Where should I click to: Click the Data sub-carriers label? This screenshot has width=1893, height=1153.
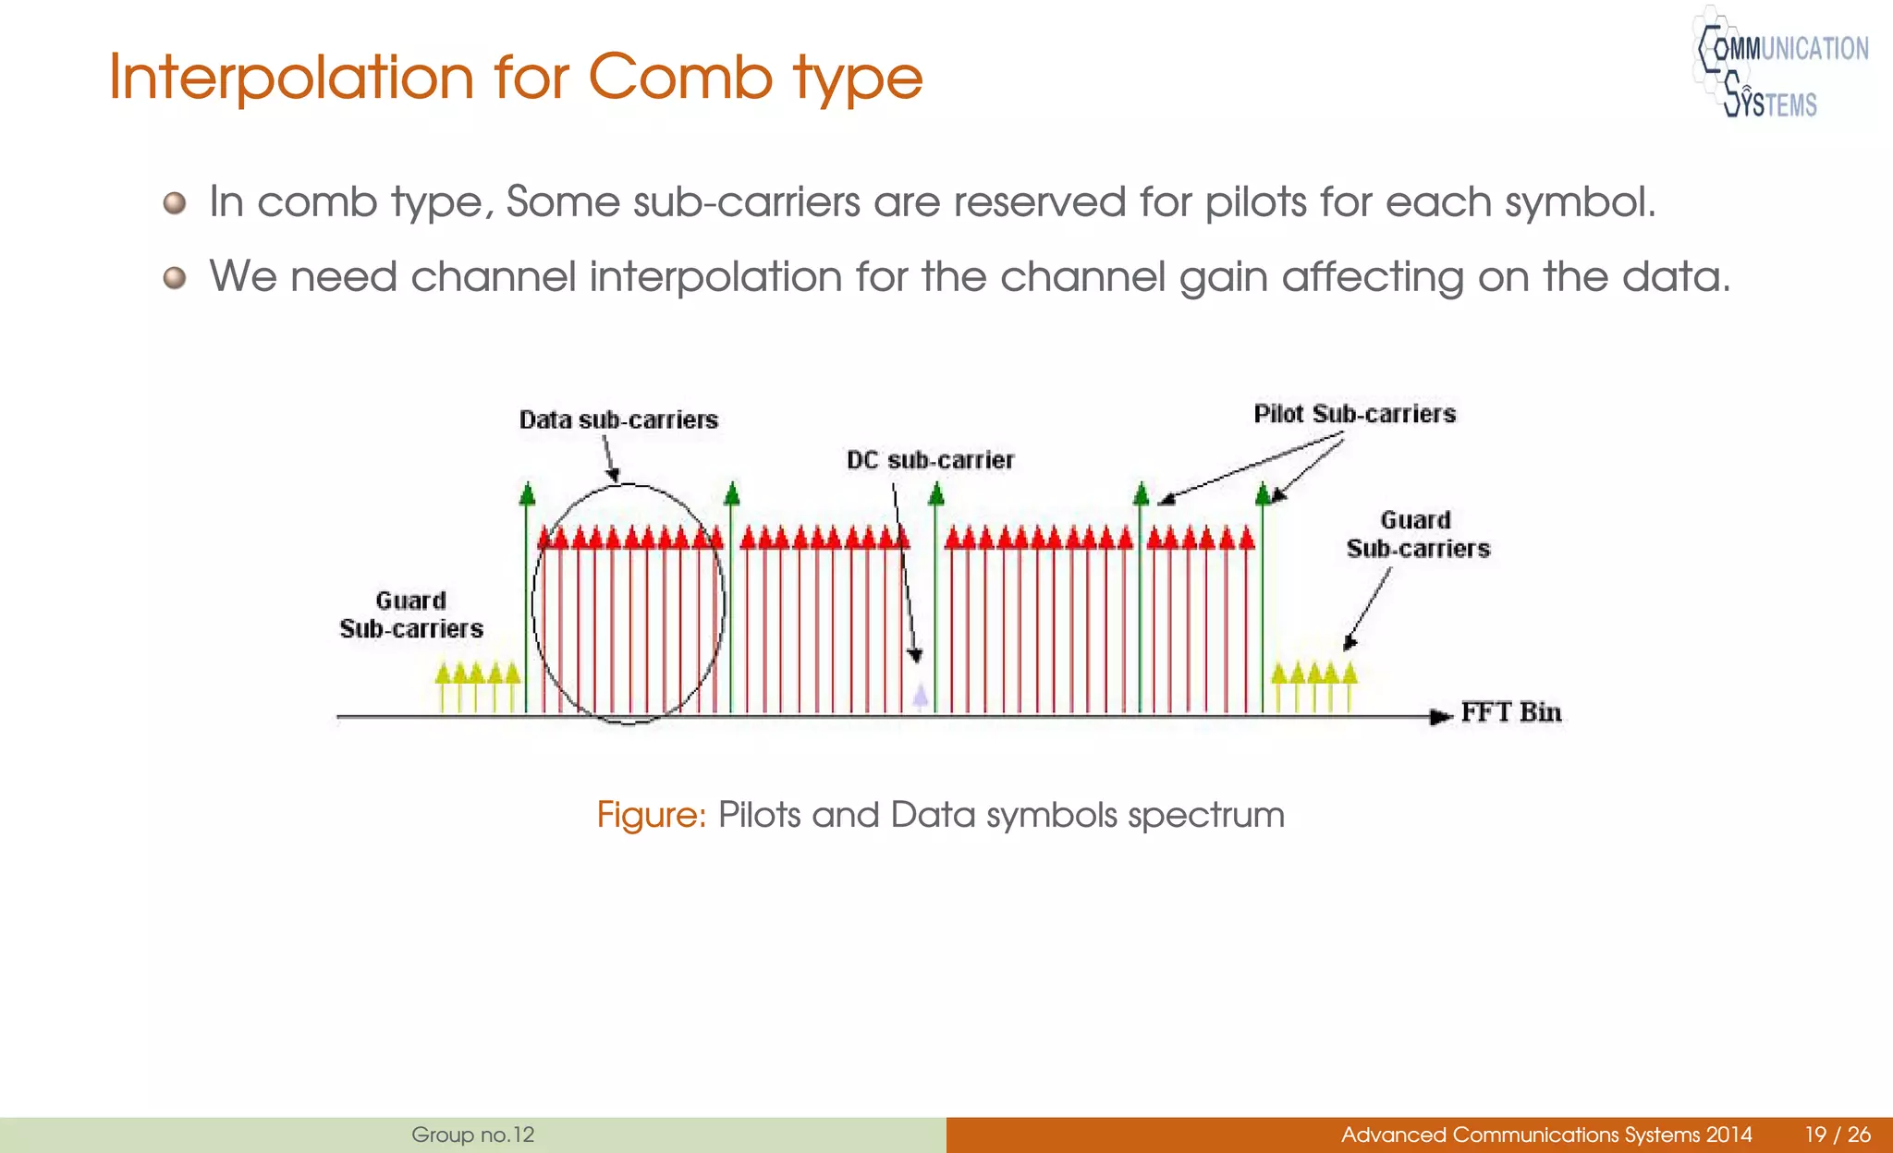[x=618, y=420]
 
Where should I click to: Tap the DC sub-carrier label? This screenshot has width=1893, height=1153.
[x=930, y=460]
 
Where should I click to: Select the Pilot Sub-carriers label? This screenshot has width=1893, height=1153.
[x=1354, y=414]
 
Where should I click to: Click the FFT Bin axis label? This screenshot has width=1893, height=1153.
[x=1511, y=712]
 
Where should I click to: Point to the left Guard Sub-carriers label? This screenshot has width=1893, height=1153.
[x=411, y=615]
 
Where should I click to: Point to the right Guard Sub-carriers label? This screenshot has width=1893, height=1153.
[x=1418, y=535]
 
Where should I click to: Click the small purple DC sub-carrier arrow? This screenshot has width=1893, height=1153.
[x=921, y=696]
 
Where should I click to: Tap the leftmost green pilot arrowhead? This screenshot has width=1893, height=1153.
[x=528, y=494]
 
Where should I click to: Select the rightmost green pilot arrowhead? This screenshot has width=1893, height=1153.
[x=1264, y=494]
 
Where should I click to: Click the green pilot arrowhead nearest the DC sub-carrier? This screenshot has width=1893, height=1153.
[x=936, y=494]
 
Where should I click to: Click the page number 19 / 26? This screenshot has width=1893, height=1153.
[x=1838, y=1135]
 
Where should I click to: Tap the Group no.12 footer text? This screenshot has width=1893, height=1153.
[x=472, y=1135]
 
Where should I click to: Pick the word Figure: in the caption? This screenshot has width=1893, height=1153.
[x=651, y=815]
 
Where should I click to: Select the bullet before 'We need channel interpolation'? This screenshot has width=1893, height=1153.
[x=175, y=277]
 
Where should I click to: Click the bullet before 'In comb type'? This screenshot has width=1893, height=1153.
[x=175, y=202]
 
